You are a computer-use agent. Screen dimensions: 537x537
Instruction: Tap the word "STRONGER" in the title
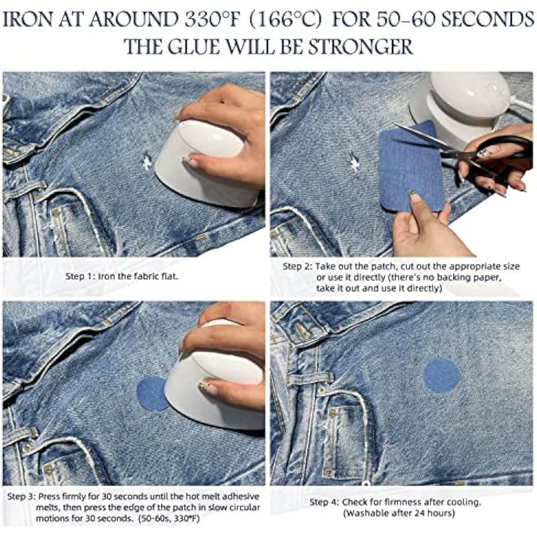click(360, 47)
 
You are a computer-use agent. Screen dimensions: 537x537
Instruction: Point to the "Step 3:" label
click(21, 496)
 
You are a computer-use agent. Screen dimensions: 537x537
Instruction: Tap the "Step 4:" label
click(324, 502)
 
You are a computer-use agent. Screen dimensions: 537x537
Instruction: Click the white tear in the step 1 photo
click(146, 161)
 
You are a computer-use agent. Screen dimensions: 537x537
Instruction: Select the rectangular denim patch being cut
click(411, 166)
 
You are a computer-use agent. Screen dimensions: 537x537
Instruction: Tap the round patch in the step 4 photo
click(442, 376)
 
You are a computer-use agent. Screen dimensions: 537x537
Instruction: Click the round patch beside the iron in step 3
click(150, 394)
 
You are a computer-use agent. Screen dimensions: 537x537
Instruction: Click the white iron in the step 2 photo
click(466, 103)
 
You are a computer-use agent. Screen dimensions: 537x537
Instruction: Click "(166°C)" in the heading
click(285, 20)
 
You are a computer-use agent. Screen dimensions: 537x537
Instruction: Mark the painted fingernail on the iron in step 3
click(207, 387)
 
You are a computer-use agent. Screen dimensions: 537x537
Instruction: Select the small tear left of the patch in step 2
click(354, 161)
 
